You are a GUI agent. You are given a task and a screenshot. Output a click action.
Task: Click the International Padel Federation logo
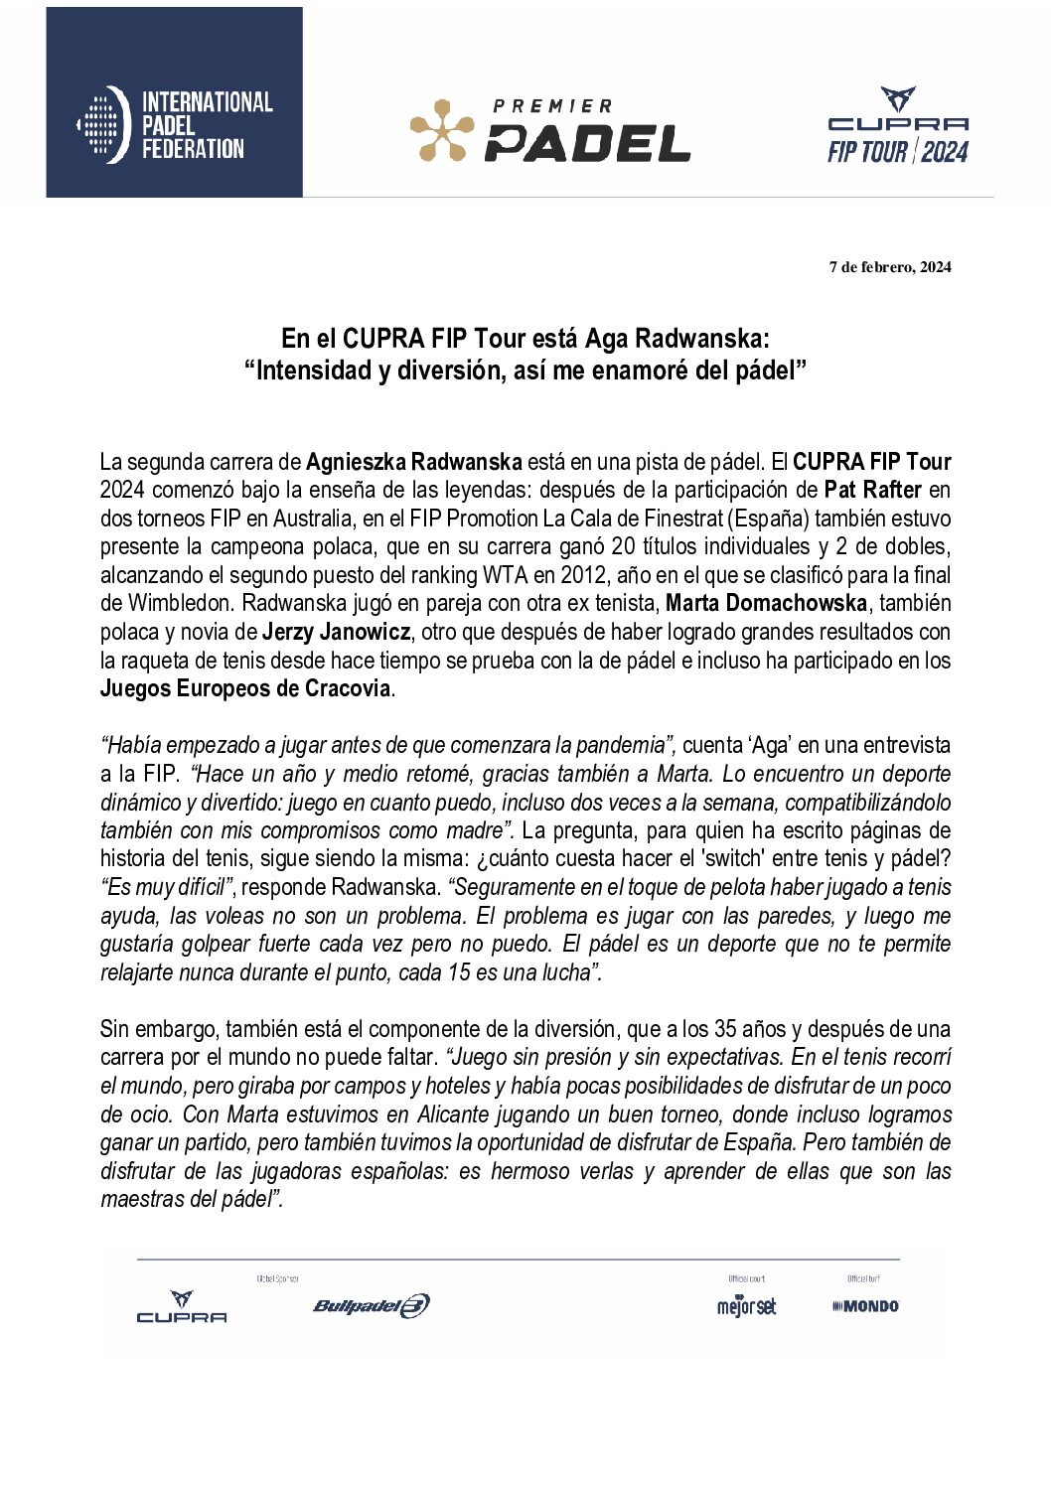[x=175, y=125]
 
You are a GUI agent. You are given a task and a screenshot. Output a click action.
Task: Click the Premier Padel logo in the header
[x=549, y=130]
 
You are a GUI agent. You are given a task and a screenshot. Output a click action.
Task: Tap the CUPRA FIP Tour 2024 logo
[x=898, y=127]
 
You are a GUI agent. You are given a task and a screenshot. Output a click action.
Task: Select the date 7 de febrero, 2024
[x=890, y=266]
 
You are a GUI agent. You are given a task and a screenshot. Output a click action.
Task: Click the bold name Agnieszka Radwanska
[x=413, y=462]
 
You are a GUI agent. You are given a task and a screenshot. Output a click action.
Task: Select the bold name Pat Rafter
[x=872, y=490]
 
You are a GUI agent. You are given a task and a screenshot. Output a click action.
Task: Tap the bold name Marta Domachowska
[x=766, y=603]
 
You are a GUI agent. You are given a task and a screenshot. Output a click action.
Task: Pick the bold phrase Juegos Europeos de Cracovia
[x=244, y=688]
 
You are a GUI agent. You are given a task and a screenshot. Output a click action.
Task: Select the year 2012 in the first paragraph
[x=583, y=575]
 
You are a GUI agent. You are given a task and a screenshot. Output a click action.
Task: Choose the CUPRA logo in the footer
[x=182, y=1307]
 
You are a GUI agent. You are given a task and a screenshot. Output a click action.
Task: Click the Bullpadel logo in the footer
[x=371, y=1306]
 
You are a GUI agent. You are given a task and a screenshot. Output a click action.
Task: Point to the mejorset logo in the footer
[x=746, y=1306]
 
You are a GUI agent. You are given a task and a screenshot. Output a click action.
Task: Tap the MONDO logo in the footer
[x=865, y=1306]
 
